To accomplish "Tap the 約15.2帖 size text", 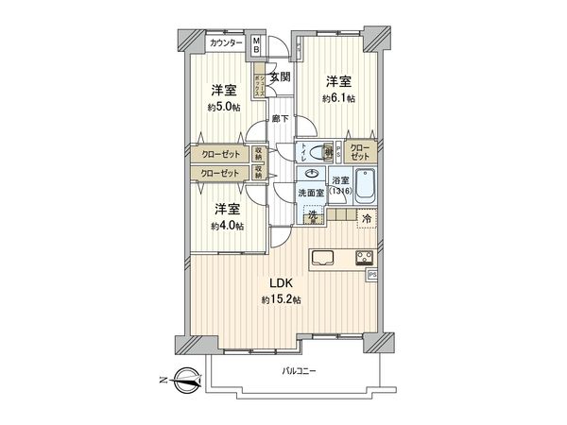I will click(x=283, y=299).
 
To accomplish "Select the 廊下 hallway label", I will click(x=280, y=119).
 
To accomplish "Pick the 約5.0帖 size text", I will click(x=224, y=107).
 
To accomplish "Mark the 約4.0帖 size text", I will click(x=227, y=226).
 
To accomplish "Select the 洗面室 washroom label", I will click(x=310, y=193).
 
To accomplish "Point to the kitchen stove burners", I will click(x=365, y=257).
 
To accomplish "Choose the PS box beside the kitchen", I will click(x=371, y=275).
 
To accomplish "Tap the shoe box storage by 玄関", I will click(x=257, y=76).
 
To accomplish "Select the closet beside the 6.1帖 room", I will click(x=361, y=151).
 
